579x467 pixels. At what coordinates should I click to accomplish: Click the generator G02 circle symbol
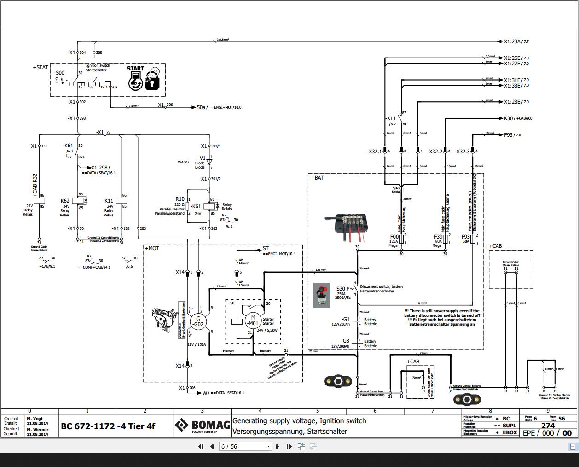click(198, 321)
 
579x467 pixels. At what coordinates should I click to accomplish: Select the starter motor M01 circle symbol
click(252, 320)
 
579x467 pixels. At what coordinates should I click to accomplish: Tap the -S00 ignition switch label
click(59, 73)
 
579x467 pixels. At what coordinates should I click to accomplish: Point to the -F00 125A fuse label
click(394, 237)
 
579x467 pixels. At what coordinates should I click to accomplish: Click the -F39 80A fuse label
click(438, 237)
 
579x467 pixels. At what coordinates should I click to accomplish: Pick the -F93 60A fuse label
click(465, 237)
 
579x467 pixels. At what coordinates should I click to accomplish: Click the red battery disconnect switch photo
click(322, 295)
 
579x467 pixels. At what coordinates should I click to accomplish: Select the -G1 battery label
click(345, 319)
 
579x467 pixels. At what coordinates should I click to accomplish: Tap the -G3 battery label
click(345, 341)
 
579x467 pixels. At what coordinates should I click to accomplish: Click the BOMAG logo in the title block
click(203, 426)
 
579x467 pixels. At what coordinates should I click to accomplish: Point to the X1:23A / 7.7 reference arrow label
click(516, 41)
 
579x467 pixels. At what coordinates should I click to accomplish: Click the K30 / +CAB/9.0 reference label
click(518, 118)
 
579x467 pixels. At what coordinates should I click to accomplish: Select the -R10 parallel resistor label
click(179, 199)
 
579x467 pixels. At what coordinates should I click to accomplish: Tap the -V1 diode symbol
click(209, 163)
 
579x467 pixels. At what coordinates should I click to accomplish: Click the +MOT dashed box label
click(152, 248)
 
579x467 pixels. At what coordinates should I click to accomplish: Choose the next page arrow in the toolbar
click(278, 446)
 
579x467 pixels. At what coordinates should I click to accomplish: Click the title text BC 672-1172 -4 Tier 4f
click(108, 426)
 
